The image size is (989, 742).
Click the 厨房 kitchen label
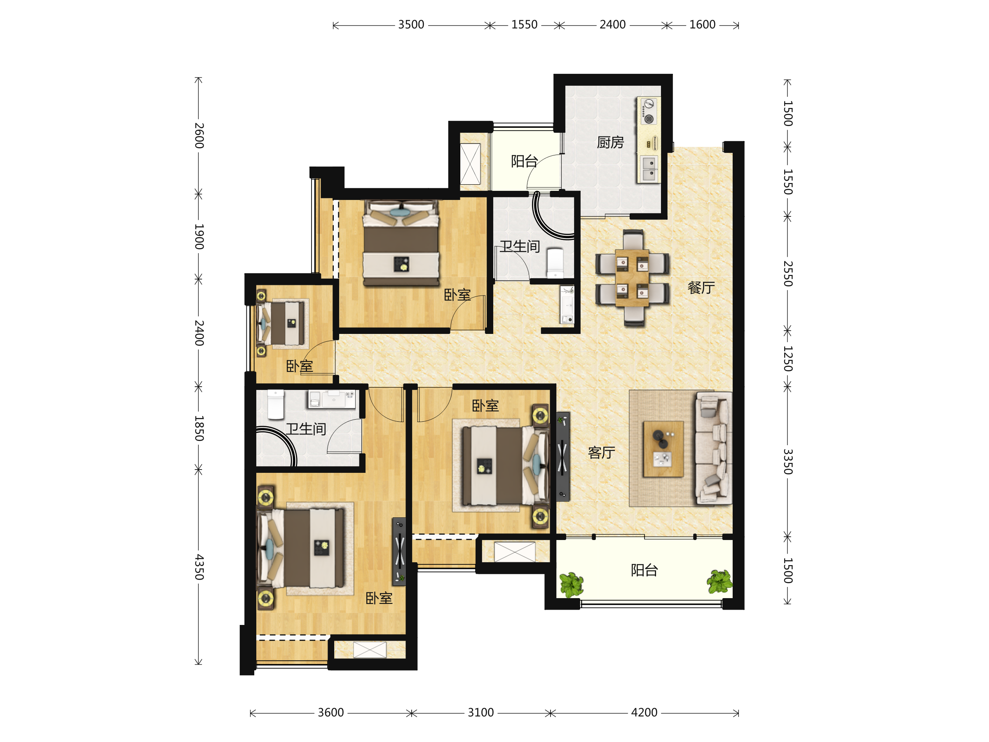[x=610, y=142]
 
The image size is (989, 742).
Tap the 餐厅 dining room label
[x=701, y=288]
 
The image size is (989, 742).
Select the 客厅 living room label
[x=601, y=453]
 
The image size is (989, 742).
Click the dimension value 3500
[x=411, y=25]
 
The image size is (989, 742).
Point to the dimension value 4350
[x=199, y=567]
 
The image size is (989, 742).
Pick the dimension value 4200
[x=644, y=712]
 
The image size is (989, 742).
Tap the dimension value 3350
[x=788, y=462]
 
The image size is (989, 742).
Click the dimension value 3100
[x=480, y=712]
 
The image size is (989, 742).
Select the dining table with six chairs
[x=632, y=278]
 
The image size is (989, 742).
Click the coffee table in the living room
[x=663, y=449]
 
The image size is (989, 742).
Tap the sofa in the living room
[x=714, y=448]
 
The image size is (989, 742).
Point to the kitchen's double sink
[x=649, y=169]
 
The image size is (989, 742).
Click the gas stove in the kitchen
[x=648, y=112]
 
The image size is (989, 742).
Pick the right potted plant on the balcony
[x=719, y=581]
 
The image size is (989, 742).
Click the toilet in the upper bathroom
[x=555, y=263]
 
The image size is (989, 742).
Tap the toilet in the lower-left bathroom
[x=276, y=405]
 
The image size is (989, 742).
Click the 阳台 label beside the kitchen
[x=525, y=161]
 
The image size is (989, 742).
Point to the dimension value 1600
[x=703, y=25]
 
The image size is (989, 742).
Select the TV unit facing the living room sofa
[x=563, y=457]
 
